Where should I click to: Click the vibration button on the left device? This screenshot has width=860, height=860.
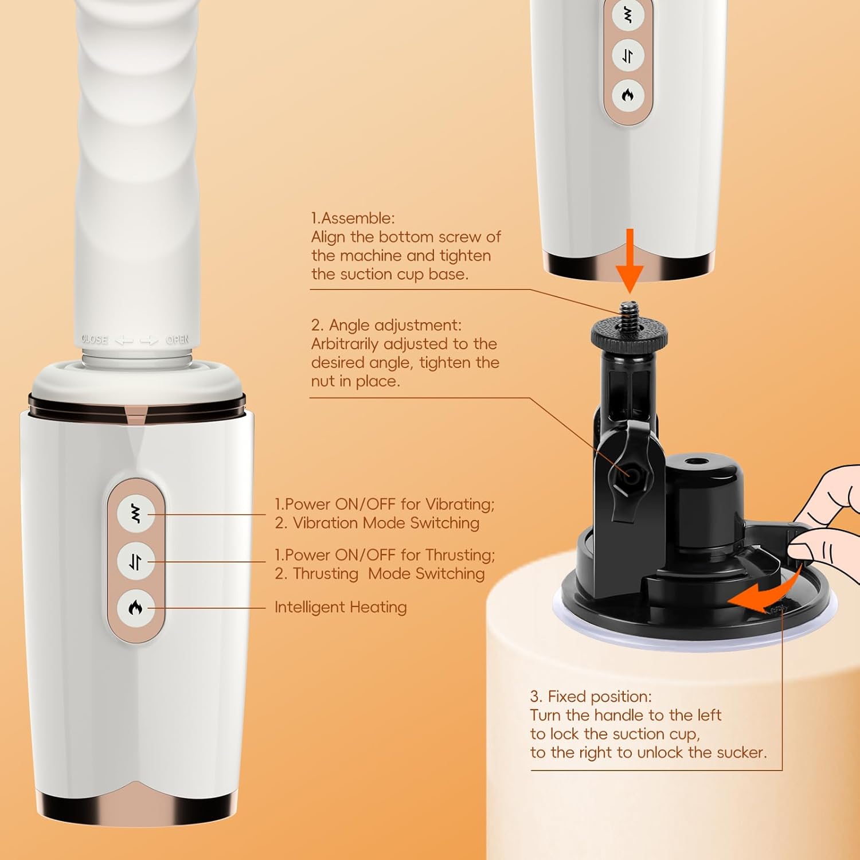[136, 514]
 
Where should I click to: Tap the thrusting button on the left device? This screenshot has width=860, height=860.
[136, 561]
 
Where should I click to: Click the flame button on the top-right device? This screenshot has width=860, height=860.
[628, 95]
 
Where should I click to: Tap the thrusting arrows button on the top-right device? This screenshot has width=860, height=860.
[628, 56]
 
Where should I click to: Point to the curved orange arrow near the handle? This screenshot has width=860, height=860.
[765, 589]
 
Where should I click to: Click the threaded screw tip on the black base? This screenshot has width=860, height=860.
[630, 311]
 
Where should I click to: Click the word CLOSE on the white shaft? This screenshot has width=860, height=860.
[95, 339]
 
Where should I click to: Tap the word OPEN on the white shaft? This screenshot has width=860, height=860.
[177, 339]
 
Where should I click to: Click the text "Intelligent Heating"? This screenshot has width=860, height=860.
[341, 607]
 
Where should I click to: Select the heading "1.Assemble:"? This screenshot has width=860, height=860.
[353, 218]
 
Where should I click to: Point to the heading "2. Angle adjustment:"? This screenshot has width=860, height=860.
[386, 325]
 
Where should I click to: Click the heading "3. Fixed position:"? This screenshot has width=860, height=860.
[591, 697]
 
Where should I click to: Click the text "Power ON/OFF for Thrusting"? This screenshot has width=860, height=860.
[388, 555]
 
